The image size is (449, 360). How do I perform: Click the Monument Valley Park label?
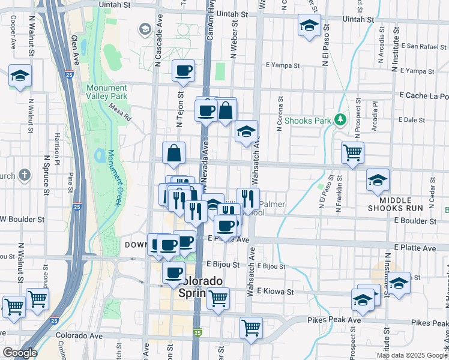[106, 92]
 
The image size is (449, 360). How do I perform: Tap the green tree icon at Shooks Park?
[340, 120]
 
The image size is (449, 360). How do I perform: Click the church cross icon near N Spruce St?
[23, 175]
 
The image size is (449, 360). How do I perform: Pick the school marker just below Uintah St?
[309, 26]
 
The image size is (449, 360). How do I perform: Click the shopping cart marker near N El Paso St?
[352, 152]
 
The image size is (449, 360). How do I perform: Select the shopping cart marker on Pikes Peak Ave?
[251, 328]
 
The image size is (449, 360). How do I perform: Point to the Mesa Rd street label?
[120, 112]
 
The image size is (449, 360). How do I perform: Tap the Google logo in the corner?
[19, 353]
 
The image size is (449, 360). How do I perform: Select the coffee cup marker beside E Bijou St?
[174, 272]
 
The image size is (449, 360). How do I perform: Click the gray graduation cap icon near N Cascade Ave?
[145, 28]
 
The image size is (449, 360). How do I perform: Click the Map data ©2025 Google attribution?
[412, 355]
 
